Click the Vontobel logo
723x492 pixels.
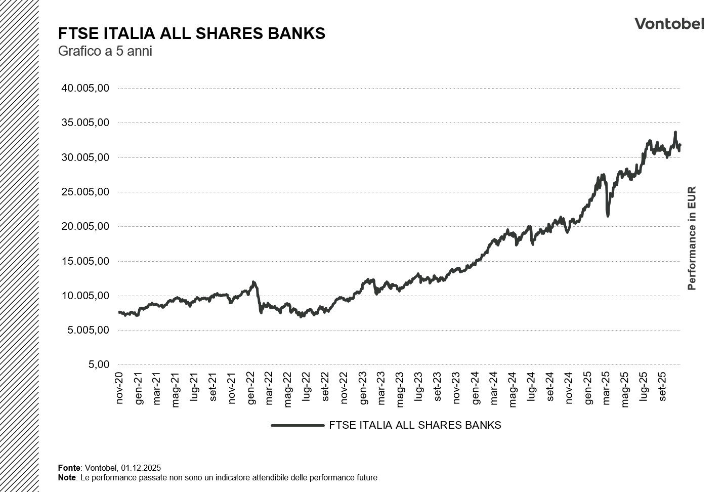click(669, 24)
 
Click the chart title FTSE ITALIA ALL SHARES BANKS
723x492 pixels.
click(191, 33)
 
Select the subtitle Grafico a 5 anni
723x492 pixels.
click(105, 51)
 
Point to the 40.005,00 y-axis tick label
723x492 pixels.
click(85, 88)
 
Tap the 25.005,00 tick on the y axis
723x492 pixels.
click(85, 192)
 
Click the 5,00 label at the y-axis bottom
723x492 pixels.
click(99, 364)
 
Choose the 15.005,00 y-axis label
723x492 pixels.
click(85, 261)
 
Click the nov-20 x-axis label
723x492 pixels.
click(120, 389)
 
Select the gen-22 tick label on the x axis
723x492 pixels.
click(251, 389)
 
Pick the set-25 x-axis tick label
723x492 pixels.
click(662, 389)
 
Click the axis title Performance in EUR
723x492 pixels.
click(692, 238)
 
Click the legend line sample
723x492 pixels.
click(297, 425)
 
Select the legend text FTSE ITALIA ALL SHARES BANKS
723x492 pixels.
click(415, 425)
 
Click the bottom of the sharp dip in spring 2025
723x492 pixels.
click(608, 216)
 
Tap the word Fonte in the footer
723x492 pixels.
click(69, 468)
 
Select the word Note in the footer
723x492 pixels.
click(67, 477)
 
